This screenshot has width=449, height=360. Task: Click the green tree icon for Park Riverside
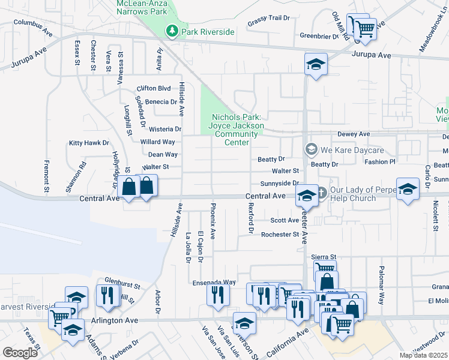tap(172, 31)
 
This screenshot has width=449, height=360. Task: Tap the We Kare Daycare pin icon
tap(310, 149)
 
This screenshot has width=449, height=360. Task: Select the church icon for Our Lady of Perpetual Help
tap(322, 193)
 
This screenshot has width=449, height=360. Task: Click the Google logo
tap(20, 352)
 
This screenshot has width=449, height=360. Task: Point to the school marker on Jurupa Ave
tap(316, 64)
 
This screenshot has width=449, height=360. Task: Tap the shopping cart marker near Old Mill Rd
tap(366, 28)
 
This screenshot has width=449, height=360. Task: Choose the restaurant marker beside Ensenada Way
tap(218, 294)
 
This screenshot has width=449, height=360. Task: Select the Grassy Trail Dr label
tap(268, 18)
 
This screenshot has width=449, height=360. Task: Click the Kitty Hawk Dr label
tap(89, 143)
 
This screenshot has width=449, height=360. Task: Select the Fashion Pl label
tap(379, 162)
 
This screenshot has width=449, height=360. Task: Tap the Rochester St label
tap(280, 234)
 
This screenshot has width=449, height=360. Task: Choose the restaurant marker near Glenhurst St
tap(107, 296)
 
